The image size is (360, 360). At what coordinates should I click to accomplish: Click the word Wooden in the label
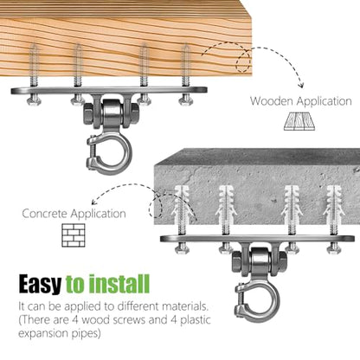point(272,101)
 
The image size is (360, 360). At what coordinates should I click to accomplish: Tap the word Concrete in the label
point(45,214)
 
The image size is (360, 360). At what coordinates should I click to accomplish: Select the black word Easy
point(40,284)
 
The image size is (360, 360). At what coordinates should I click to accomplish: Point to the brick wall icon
point(74,235)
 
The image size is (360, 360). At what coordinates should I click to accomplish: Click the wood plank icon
point(299,120)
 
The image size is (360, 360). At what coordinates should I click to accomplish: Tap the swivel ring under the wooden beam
point(110,153)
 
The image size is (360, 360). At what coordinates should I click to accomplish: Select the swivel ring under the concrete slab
point(258,299)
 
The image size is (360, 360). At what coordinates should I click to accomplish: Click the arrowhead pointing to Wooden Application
point(301,85)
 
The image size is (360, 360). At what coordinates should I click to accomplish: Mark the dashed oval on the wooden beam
point(243,61)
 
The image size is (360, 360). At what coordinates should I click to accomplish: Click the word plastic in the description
point(196,320)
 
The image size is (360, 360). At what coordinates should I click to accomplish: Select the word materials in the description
point(185,306)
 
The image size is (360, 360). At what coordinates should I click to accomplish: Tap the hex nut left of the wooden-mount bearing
point(88,114)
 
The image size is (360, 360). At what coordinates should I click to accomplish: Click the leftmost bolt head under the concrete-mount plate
point(182,248)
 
